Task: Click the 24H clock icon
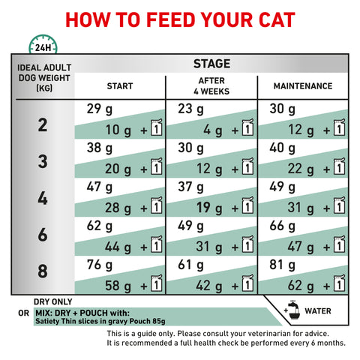[43, 44]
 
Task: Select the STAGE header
[211, 64]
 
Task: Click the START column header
[120, 86]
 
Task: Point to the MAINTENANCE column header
[303, 86]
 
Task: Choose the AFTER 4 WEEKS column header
[211, 86]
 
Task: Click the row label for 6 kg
[43, 235]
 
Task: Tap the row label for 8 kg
[43, 271]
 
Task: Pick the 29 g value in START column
[100, 109]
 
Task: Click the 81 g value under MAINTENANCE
[282, 265]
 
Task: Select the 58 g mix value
[118, 286]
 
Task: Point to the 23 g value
[190, 109]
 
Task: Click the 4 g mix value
[212, 130]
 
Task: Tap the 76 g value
[100, 265]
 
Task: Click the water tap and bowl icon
[293, 310]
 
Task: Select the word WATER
[318, 311]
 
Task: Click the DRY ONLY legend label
[53, 301]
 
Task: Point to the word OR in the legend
[24, 313]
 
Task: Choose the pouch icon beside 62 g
[339, 285]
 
